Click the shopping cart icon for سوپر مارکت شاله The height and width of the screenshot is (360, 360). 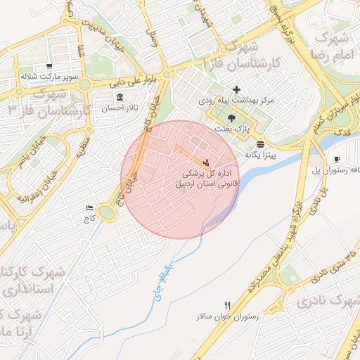[x=49, y=66]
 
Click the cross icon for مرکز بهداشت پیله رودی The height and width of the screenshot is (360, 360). [x=236, y=89]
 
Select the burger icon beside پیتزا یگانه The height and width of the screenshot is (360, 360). [x=261, y=143]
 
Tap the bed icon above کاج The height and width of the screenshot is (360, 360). [x=89, y=208]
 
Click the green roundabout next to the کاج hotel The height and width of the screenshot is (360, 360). [x=106, y=212]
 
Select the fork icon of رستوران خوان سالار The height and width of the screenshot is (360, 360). [x=226, y=305]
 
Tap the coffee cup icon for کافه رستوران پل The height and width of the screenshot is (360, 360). [x=337, y=160]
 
